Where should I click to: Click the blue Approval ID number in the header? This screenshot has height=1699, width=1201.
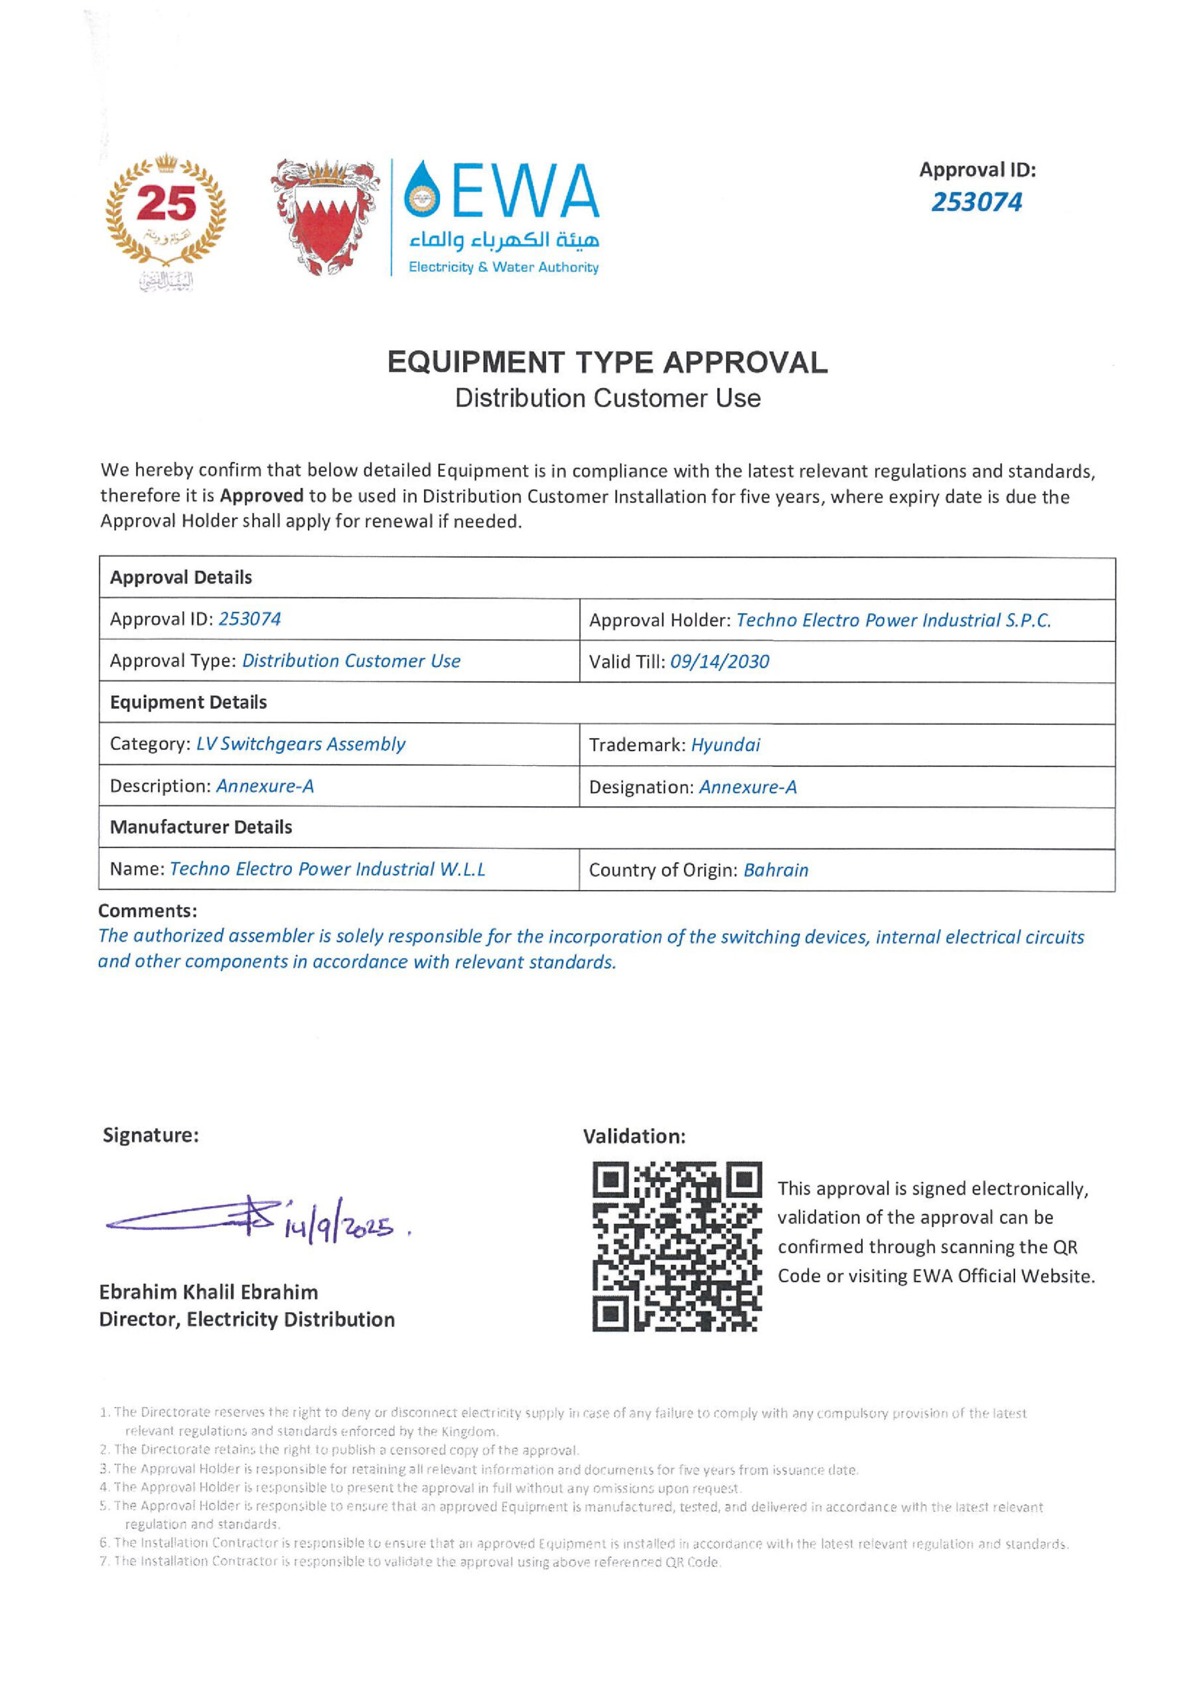[976, 202]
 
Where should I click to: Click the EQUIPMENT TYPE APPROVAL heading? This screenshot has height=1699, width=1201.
[606, 362]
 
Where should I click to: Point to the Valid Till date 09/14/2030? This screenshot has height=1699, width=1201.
[719, 662]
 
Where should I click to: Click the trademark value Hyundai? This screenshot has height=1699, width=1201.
[725, 745]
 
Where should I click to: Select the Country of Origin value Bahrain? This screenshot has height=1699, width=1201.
[776, 870]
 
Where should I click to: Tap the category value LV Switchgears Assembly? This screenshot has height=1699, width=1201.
[301, 744]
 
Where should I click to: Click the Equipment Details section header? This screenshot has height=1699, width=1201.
[188, 702]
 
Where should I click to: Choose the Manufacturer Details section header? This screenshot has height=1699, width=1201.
[200, 828]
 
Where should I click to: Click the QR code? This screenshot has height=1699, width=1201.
[676, 1247]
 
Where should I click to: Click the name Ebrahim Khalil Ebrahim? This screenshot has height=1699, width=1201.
[208, 1293]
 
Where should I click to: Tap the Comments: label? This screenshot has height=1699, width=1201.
[147, 911]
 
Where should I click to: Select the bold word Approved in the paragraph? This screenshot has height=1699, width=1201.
[261, 496]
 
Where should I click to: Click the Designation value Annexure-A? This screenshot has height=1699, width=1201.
[747, 787]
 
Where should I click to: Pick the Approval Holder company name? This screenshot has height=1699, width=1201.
[893, 620]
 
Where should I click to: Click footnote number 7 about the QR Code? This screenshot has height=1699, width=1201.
[410, 1562]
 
